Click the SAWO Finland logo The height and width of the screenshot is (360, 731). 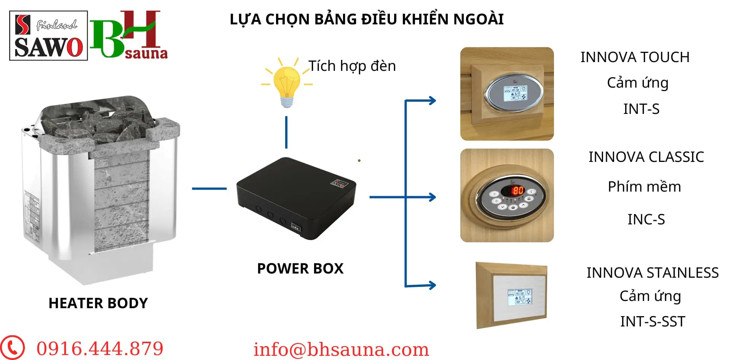[x=48, y=36]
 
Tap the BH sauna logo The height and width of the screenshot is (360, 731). [x=128, y=35]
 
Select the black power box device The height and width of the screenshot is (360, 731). [x=296, y=198]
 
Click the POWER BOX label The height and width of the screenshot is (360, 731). [x=300, y=269]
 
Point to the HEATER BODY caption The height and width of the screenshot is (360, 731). [x=98, y=303]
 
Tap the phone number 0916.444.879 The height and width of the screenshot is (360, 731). [x=100, y=349]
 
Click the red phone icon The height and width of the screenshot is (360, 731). [x=13, y=347]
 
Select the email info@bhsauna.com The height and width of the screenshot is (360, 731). [x=341, y=349]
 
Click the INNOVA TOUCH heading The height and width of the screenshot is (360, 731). [x=635, y=57]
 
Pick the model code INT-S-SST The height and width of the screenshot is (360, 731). [x=653, y=322]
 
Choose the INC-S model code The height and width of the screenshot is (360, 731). [x=646, y=219]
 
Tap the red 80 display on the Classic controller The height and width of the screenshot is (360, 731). [x=517, y=190]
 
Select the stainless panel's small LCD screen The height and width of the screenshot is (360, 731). [x=520, y=297]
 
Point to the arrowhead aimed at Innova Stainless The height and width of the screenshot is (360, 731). [x=432, y=285]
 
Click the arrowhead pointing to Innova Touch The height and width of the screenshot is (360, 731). [x=432, y=101]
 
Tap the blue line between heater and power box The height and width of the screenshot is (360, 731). [x=209, y=188]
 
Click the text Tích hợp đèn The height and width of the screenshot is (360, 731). [x=352, y=66]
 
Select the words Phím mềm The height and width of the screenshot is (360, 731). [x=644, y=187]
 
